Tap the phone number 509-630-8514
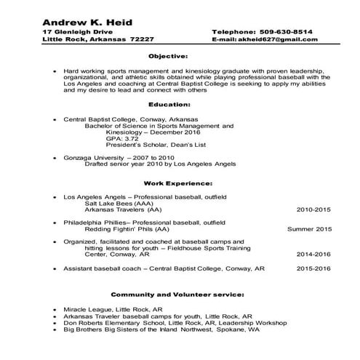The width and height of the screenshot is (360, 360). coord(289,32)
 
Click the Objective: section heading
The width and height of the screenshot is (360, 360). coord(168,55)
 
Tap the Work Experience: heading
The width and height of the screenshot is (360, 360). coord(178,183)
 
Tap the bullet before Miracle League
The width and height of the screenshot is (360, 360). coord(55,310)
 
